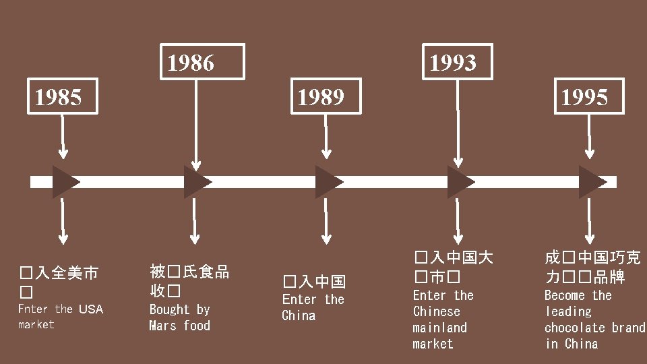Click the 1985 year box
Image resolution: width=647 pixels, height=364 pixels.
click(59, 98)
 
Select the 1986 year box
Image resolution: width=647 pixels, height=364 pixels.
click(191, 63)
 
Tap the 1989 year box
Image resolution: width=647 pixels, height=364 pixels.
click(321, 98)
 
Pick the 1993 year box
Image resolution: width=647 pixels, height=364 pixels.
click(453, 63)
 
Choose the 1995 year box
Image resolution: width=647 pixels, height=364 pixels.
click(584, 98)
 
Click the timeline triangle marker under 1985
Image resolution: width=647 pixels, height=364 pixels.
click(65, 182)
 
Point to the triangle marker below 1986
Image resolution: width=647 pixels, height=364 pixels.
click(196, 182)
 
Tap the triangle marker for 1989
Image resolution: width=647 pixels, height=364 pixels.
click(328, 182)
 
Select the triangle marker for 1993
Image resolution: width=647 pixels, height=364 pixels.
click(460, 182)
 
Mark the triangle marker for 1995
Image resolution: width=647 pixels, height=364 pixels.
click(591, 182)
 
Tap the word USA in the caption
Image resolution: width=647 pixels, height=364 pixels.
click(91, 309)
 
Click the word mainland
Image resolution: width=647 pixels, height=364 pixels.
click(439, 328)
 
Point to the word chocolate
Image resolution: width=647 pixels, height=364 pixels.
click(575, 328)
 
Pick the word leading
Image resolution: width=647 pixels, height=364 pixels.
click(568, 312)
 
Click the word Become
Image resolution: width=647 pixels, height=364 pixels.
click(565, 296)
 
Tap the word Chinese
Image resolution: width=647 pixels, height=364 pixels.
click(436, 312)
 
